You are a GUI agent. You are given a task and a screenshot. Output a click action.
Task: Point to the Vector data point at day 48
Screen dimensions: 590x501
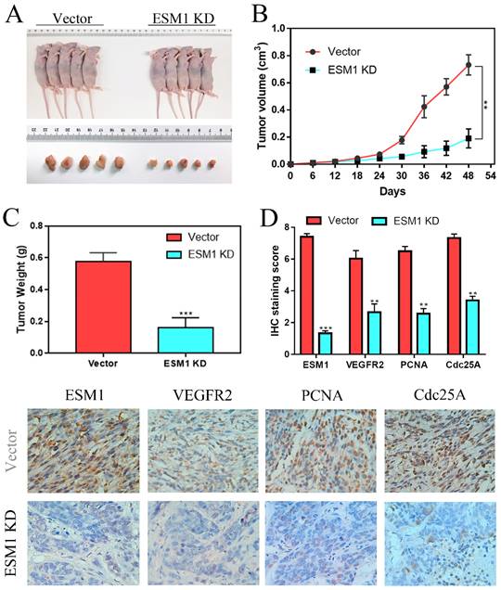coord(469,65)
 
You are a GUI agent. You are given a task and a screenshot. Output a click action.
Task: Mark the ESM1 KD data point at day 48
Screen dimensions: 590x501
coord(469,138)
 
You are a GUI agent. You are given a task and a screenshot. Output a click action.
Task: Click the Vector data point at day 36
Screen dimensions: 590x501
coord(424,107)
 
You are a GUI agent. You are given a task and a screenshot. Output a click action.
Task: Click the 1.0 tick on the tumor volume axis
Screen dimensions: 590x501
coord(276,29)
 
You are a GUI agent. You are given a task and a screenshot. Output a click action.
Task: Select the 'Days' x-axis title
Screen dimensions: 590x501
coord(390,189)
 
